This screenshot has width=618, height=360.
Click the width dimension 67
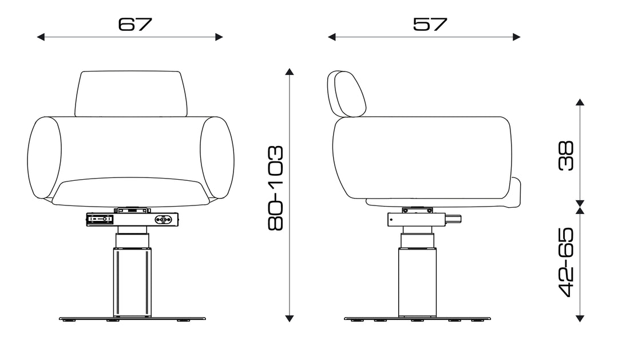coord(135,24)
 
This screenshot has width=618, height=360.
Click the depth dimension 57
coord(430,24)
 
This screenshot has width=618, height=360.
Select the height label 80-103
coord(275,188)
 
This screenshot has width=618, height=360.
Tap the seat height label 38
coord(566,155)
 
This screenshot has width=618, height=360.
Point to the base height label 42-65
coord(566,262)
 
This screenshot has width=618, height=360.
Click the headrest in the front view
coord(130,94)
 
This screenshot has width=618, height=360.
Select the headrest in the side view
coord(346,94)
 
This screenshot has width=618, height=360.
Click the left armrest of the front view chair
coord(44,158)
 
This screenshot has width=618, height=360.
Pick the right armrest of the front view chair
coord(217,158)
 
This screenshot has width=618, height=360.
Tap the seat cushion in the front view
coord(131,192)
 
